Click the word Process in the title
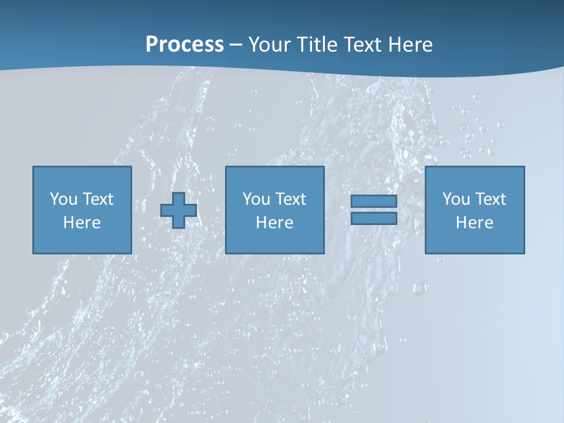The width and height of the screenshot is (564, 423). (x=184, y=45)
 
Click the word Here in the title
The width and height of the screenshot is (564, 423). (x=411, y=45)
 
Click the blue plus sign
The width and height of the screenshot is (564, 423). (x=179, y=210)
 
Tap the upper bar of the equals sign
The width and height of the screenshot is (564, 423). (x=374, y=202)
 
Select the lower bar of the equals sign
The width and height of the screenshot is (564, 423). (x=374, y=219)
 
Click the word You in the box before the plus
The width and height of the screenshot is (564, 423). (x=63, y=199)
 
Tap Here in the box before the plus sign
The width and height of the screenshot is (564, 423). (x=82, y=223)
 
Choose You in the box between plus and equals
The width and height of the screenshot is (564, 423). (x=256, y=199)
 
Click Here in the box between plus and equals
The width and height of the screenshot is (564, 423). (x=274, y=223)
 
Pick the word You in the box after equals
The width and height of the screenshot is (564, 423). (x=456, y=199)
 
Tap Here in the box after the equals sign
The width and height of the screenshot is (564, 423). (x=474, y=223)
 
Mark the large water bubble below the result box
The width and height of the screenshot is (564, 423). (x=419, y=288)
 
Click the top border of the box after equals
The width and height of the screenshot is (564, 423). (x=475, y=167)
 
